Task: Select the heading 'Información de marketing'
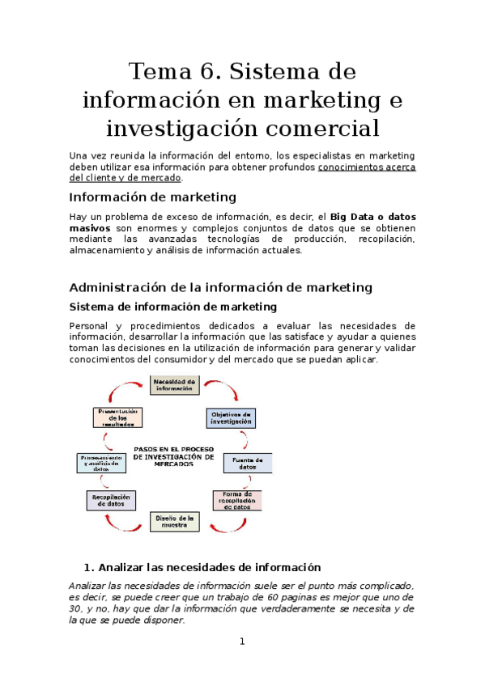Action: pos(152,197)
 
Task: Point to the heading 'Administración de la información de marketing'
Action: pos(220,287)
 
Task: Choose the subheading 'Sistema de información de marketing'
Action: pos(172,307)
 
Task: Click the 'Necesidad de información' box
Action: pos(174,384)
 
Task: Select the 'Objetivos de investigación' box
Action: pos(230,417)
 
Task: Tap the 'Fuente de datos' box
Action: pos(248,463)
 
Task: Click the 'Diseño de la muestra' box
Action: pos(174,521)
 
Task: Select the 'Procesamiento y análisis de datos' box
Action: pos(102,463)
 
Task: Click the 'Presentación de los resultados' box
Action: pos(118,417)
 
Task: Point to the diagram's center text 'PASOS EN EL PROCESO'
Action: pos(173,449)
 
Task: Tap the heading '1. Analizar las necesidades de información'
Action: pos(202,567)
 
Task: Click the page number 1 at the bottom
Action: pos(241,642)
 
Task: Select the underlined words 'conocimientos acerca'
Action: pos(367,167)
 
